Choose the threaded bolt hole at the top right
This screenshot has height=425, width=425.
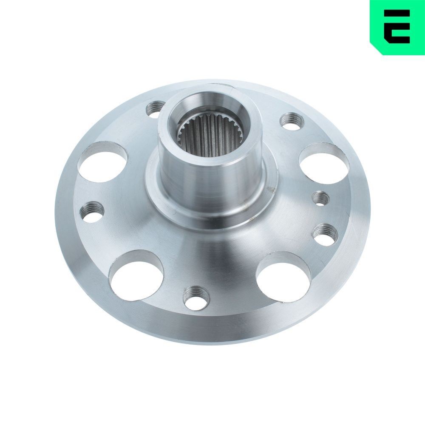[x=292, y=121]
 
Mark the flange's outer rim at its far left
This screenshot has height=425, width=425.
[x=59, y=212]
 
